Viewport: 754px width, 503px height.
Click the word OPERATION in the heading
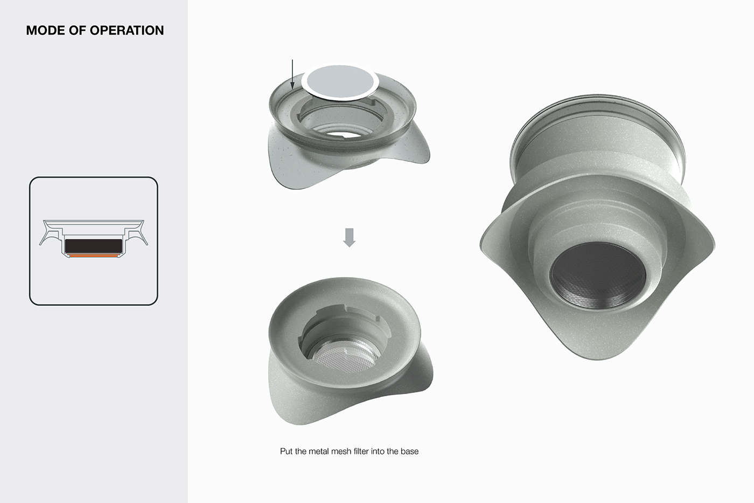click(127, 31)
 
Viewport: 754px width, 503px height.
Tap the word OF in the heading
click(77, 31)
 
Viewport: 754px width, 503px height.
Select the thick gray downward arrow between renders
click(349, 237)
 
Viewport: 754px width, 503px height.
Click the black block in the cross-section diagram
click(94, 246)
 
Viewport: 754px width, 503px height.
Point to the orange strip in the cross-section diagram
click(93, 257)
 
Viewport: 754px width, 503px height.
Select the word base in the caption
click(409, 451)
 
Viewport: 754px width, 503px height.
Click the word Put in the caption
click(286, 451)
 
